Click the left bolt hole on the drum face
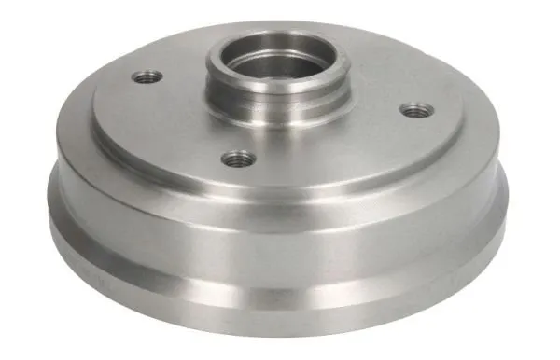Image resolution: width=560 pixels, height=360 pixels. pyautogui.click(x=147, y=77)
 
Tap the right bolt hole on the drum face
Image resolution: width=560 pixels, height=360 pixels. pyautogui.click(x=414, y=111)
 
